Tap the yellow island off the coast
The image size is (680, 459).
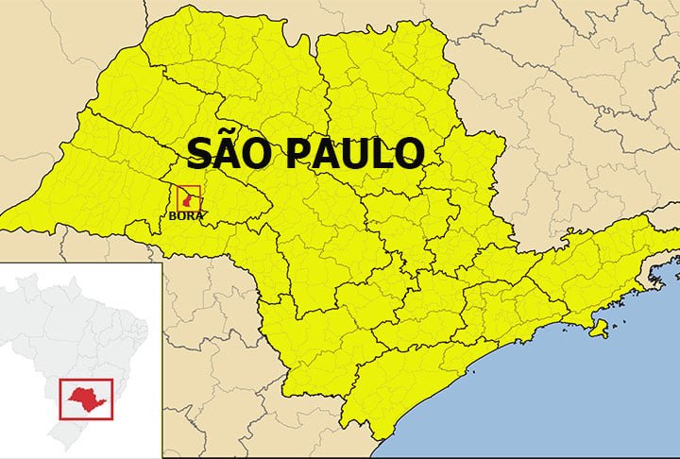point(598,328)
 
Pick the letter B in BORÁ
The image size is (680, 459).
point(171,215)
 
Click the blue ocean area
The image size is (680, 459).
point(567,397)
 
